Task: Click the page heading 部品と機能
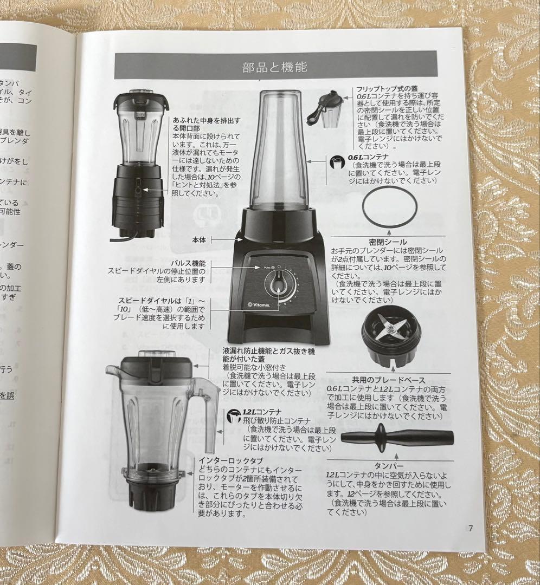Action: [x=275, y=68]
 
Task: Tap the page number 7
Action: [x=471, y=529]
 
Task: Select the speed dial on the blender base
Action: [x=278, y=284]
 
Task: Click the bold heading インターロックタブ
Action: [x=223, y=460]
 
